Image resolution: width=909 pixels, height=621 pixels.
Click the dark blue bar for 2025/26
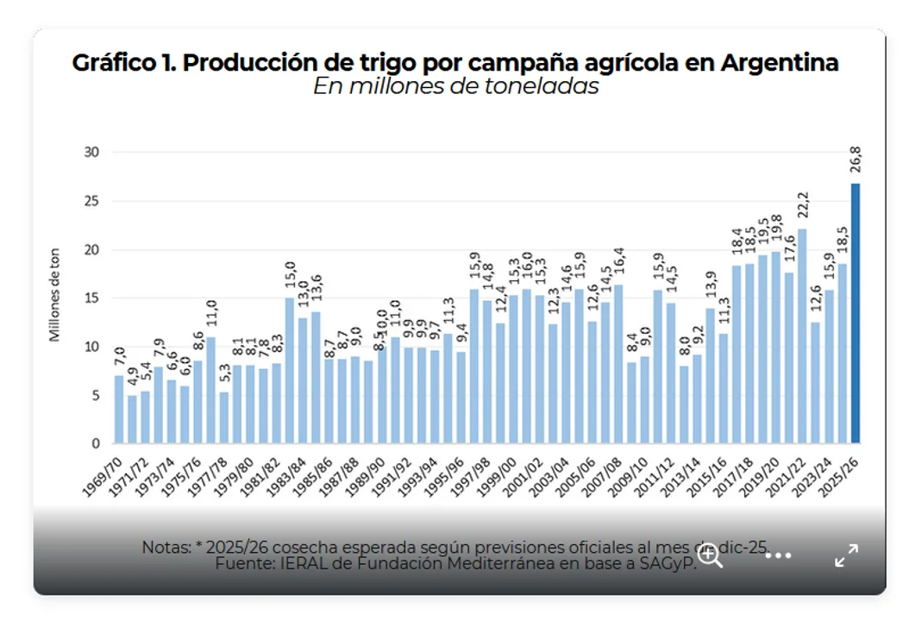click(856, 314)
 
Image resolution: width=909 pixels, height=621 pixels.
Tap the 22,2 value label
click(803, 207)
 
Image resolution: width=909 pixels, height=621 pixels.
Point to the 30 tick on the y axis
click(91, 153)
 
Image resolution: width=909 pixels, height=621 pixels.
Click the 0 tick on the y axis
click(96, 443)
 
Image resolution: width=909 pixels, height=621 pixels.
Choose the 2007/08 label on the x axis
click(603, 474)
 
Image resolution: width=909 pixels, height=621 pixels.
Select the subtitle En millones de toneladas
click(455, 87)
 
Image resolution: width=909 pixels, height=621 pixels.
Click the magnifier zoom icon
click(711, 555)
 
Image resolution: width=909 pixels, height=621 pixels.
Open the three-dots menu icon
click(778, 555)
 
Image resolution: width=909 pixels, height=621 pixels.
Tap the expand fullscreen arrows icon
click(846, 555)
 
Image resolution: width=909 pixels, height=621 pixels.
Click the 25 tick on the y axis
click(91, 201)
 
